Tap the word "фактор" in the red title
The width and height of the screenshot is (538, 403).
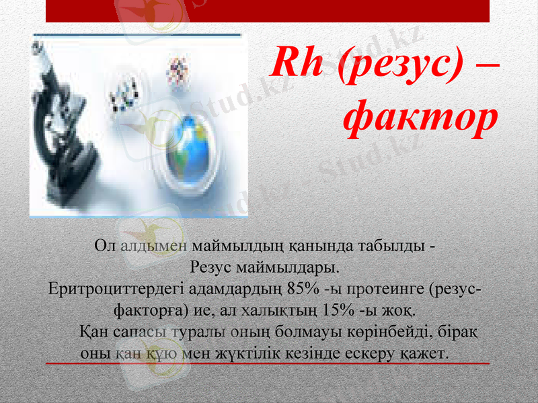click(420, 120)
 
